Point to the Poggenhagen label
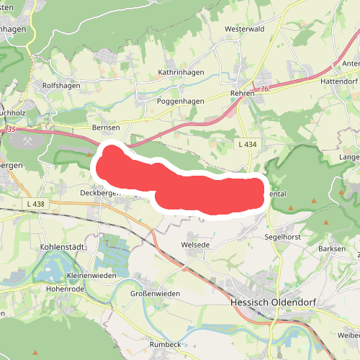pos(181,102)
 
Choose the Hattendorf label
pos(338,82)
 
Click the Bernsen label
pos(105,127)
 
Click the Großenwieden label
pos(155,294)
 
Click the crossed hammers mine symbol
pos(30,142)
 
